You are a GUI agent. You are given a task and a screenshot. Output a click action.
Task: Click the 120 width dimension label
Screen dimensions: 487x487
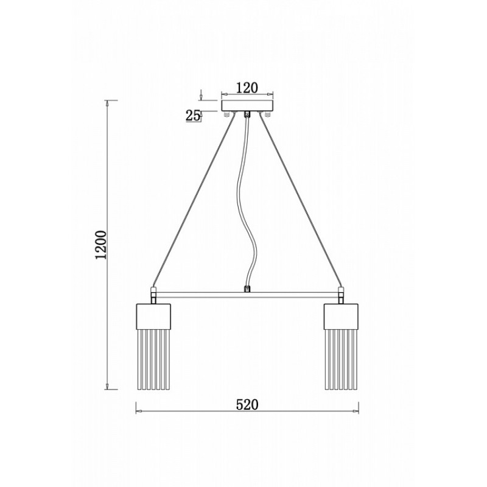247,88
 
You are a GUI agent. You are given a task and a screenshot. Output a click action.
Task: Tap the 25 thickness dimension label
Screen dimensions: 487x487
193,116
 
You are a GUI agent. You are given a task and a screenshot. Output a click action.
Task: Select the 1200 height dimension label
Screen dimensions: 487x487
101,245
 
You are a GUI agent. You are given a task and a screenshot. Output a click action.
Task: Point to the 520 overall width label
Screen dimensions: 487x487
247,405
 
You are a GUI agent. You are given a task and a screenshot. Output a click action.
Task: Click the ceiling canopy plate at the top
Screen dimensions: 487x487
247,105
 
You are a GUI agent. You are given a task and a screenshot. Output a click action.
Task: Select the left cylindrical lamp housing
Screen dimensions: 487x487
153,317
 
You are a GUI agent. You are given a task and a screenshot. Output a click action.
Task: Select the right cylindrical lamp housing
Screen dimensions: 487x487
341,317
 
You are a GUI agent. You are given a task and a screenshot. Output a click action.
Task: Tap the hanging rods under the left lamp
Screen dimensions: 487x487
153,359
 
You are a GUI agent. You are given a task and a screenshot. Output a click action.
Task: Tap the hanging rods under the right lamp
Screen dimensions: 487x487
341,359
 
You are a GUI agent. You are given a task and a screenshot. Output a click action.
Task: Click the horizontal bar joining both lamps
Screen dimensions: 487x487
247,295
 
